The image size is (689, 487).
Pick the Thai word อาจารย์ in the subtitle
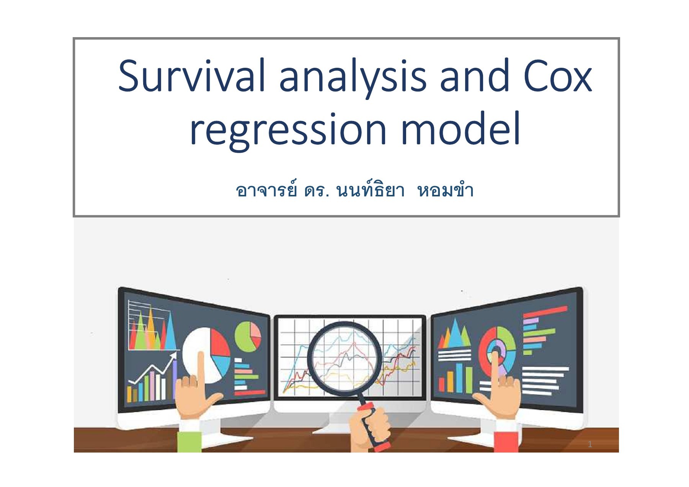(266, 190)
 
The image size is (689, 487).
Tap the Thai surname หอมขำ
(445, 191)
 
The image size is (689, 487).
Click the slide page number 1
(590, 444)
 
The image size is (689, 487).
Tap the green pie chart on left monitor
(247, 336)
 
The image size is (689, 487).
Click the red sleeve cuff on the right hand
(506, 440)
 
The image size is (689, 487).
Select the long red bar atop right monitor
(545, 312)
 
